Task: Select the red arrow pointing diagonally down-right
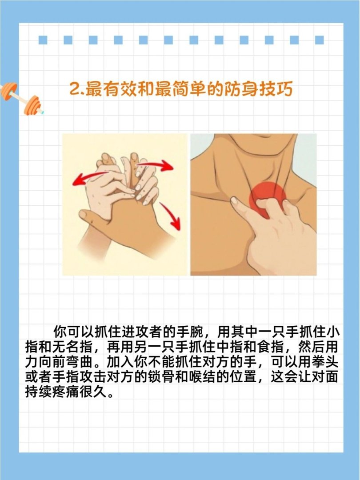click(x=171, y=216)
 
